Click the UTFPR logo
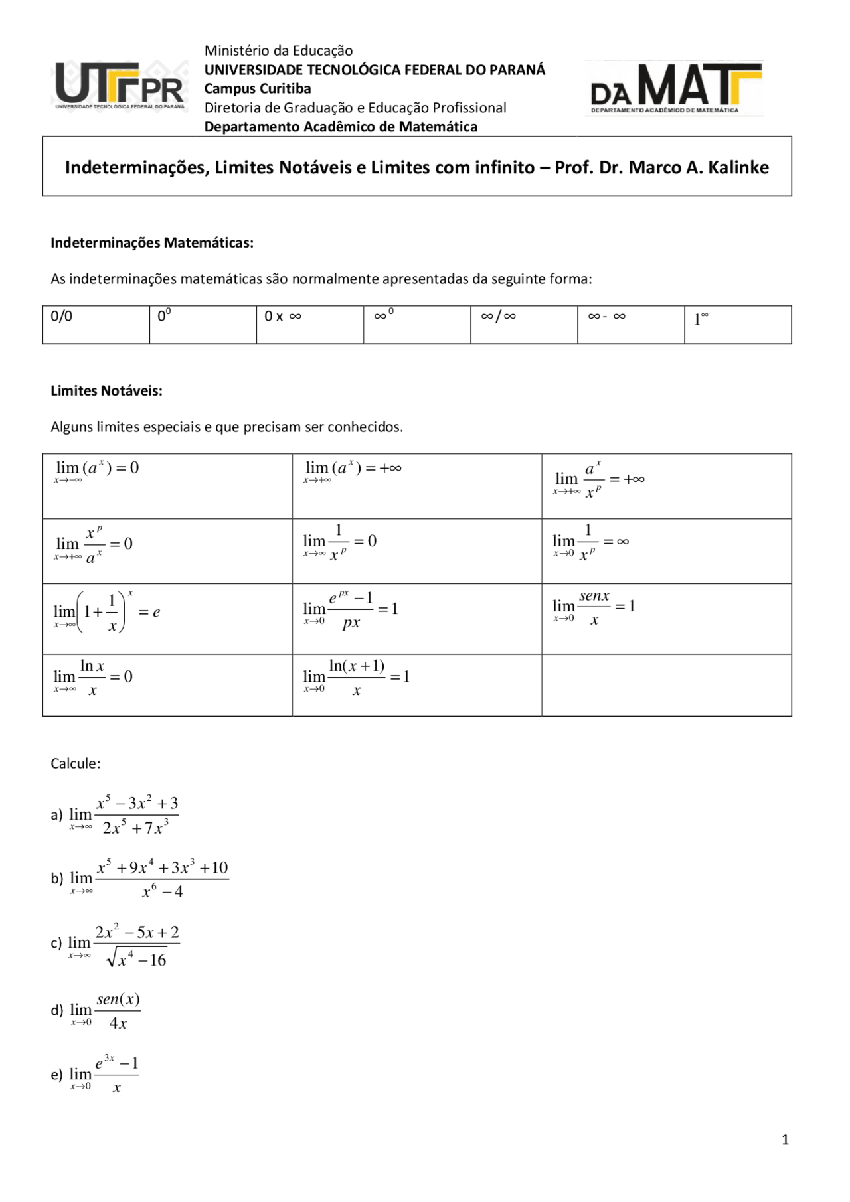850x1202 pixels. click(120, 87)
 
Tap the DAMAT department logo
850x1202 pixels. click(673, 88)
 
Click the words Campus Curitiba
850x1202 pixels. click(257, 88)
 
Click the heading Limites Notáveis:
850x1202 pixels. click(106, 390)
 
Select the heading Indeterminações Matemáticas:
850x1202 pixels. click(152, 242)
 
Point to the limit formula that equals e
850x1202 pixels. click(106, 612)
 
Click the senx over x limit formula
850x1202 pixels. click(594, 607)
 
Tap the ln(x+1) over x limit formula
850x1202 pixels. click(356, 677)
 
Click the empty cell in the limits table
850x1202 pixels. click(666, 685)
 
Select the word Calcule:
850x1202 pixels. click(75, 763)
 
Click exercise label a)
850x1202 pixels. click(56, 815)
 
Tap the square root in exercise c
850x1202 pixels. click(137, 959)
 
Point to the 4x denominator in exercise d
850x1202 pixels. click(118, 1023)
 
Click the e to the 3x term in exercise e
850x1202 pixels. click(105, 1063)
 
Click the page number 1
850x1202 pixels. click(785, 1140)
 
